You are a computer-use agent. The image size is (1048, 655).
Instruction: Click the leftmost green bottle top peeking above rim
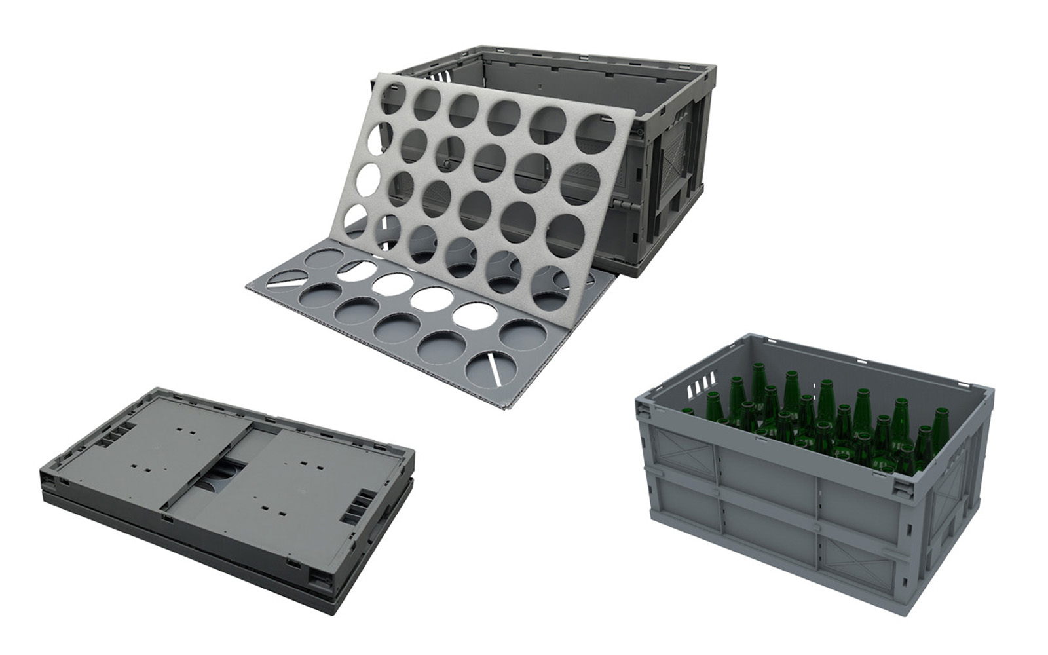(688, 412)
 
